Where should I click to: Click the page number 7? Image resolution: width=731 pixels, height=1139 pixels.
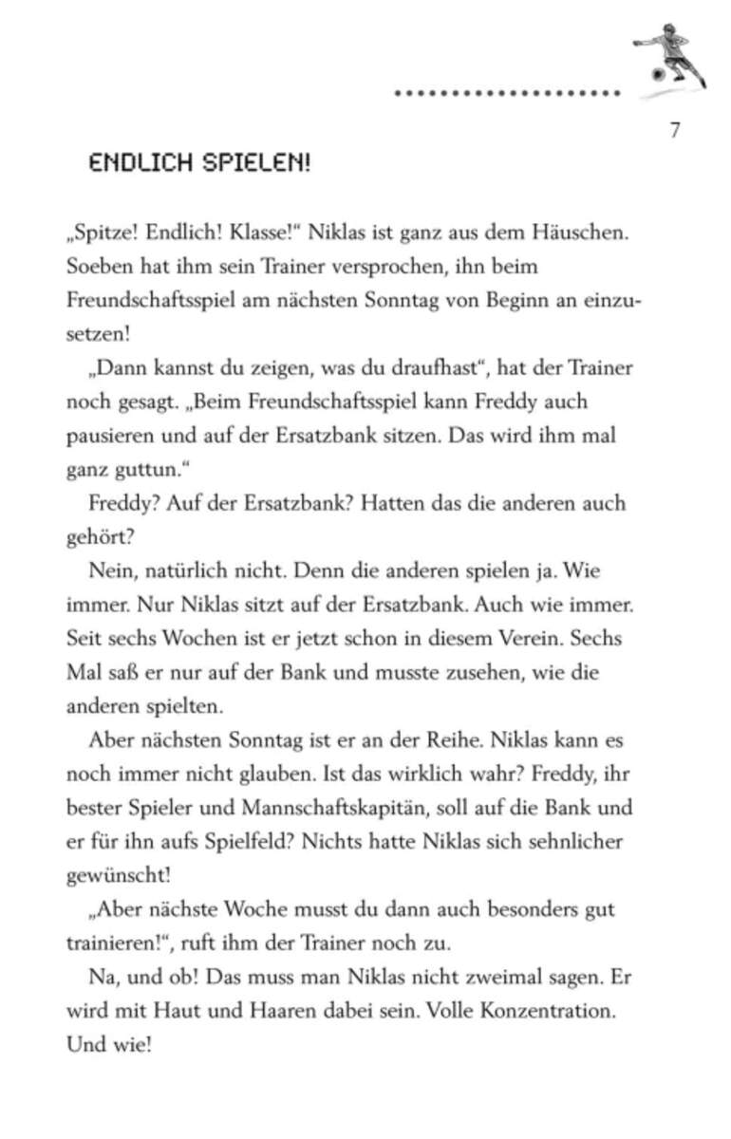click(x=674, y=130)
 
